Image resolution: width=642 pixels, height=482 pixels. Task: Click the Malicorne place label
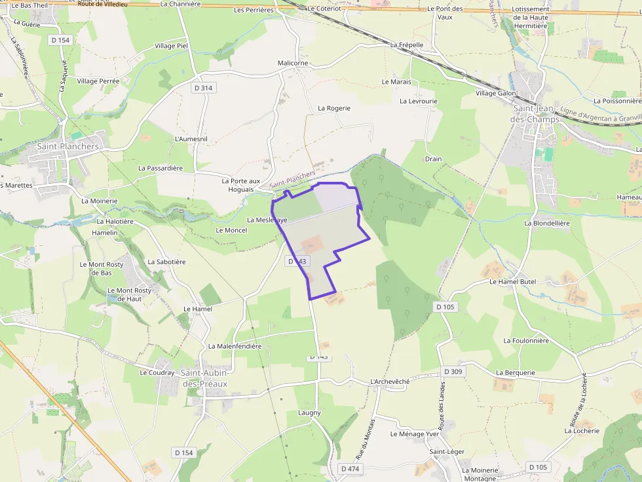coord(292,63)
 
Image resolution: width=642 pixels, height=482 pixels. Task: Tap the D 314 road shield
coord(204,88)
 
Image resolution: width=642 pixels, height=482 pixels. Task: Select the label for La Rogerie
coord(334,108)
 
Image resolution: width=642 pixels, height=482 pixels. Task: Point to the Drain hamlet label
coord(433,159)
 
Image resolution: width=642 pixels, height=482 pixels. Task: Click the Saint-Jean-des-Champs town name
coord(536,114)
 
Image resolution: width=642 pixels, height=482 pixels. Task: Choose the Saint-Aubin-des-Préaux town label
coord(204,378)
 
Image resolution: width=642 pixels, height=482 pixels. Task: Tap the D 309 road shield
coord(453,371)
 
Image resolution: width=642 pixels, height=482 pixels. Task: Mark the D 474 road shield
coord(350,468)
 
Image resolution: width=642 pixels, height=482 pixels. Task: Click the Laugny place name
coord(310,413)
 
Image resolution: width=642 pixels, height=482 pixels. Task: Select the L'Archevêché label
coord(390,381)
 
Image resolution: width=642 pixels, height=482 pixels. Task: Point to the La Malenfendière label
coord(235,346)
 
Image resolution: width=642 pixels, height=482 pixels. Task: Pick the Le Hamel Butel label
coord(513,281)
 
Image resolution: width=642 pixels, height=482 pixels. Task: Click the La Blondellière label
coord(547,223)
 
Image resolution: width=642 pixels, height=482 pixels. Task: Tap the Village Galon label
coord(496,94)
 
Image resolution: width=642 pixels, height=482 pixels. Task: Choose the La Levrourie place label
coord(418,101)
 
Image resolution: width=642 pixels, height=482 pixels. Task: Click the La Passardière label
coord(160,168)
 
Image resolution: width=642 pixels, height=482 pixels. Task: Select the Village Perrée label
coord(98,81)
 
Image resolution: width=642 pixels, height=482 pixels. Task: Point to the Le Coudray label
coord(157,373)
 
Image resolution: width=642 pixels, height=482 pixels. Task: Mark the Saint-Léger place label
coord(447,452)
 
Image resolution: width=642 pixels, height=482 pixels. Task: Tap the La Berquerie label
coord(516,373)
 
